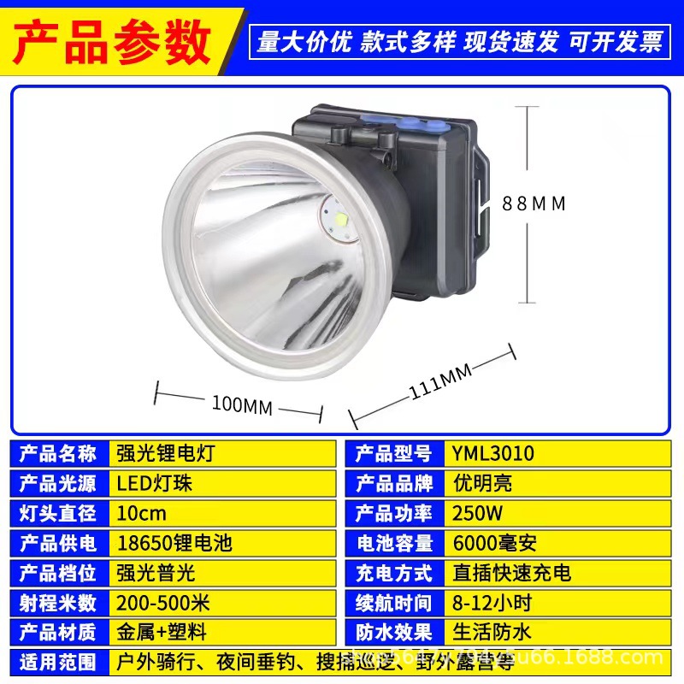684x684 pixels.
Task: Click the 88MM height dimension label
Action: click(534, 203)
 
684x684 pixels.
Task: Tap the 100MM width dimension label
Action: click(241, 405)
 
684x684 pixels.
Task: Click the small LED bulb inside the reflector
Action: click(339, 221)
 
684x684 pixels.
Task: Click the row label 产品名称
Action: click(57, 454)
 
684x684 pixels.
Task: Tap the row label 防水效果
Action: click(394, 633)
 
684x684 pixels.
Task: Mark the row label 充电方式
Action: click(394, 573)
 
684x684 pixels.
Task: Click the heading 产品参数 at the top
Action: click(114, 38)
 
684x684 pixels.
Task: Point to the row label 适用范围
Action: click(57, 662)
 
